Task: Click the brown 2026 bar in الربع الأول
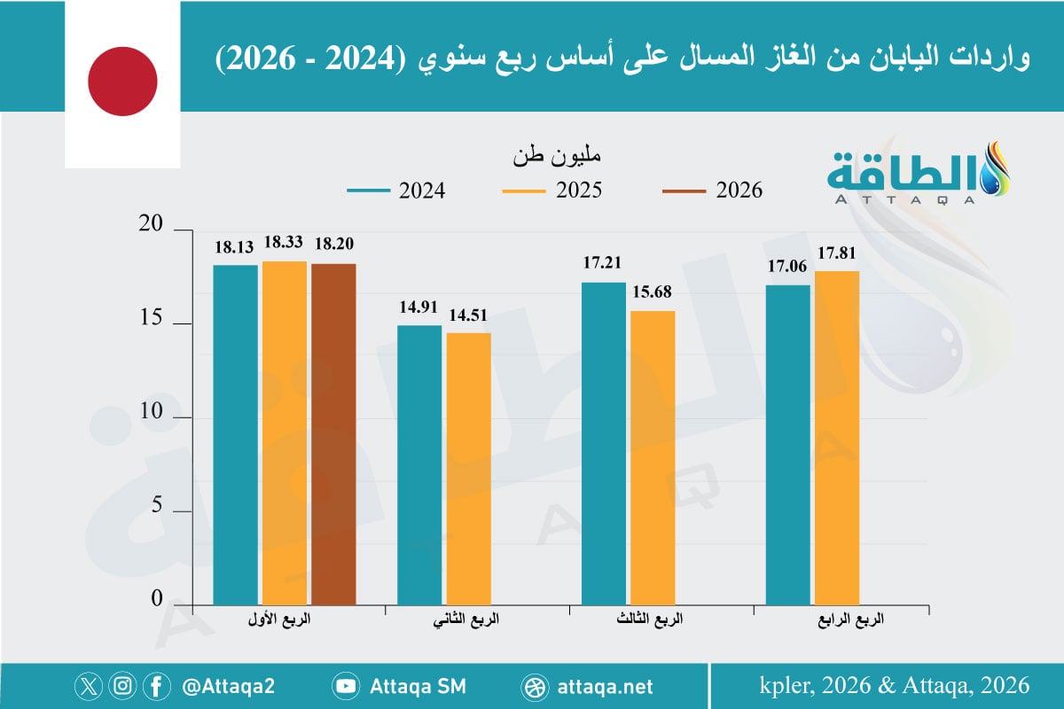point(333,434)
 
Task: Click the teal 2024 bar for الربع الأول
point(235,434)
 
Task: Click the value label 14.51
point(468,315)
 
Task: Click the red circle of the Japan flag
point(122,82)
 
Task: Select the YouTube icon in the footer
point(345,686)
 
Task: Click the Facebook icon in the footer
point(156,686)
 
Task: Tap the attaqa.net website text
point(606,686)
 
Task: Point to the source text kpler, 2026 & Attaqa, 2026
point(895,685)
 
